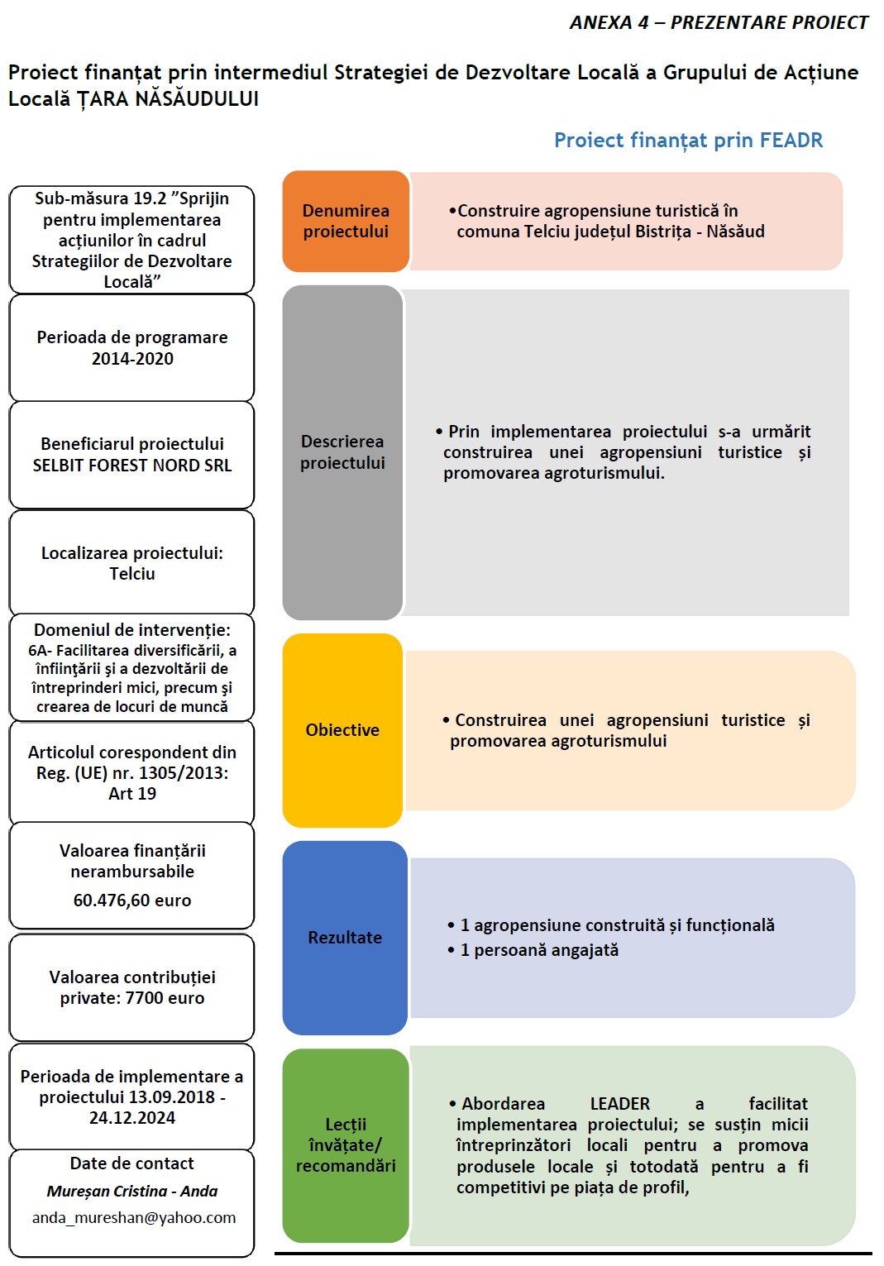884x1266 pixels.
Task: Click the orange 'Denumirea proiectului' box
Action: pos(346,222)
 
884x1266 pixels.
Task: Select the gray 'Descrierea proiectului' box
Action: pos(342,452)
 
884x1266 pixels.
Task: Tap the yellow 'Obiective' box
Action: pos(342,730)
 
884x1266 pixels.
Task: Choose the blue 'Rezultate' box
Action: pos(345,938)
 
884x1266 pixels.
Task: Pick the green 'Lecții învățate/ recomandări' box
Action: pos(346,1144)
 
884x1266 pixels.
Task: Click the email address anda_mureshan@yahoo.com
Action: pos(134,1217)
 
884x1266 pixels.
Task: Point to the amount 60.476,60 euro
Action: pos(132,901)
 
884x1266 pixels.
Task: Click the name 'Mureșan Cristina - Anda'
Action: pos(132,1191)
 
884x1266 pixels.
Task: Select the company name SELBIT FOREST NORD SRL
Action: pos(132,466)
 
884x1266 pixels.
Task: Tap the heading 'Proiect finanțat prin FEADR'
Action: pos(688,141)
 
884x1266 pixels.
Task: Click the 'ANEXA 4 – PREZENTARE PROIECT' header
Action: pos(719,23)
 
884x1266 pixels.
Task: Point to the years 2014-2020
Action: pos(132,359)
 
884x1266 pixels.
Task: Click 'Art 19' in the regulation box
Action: pos(132,794)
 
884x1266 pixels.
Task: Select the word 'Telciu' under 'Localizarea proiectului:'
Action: pos(132,574)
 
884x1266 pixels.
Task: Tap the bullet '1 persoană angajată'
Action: pos(539,950)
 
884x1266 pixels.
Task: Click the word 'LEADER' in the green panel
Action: pos(619,1104)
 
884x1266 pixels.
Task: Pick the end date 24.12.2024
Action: pos(132,1118)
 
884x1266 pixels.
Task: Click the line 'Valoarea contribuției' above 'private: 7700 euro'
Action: pos(132,977)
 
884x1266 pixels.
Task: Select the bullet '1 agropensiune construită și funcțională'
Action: pos(617,925)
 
